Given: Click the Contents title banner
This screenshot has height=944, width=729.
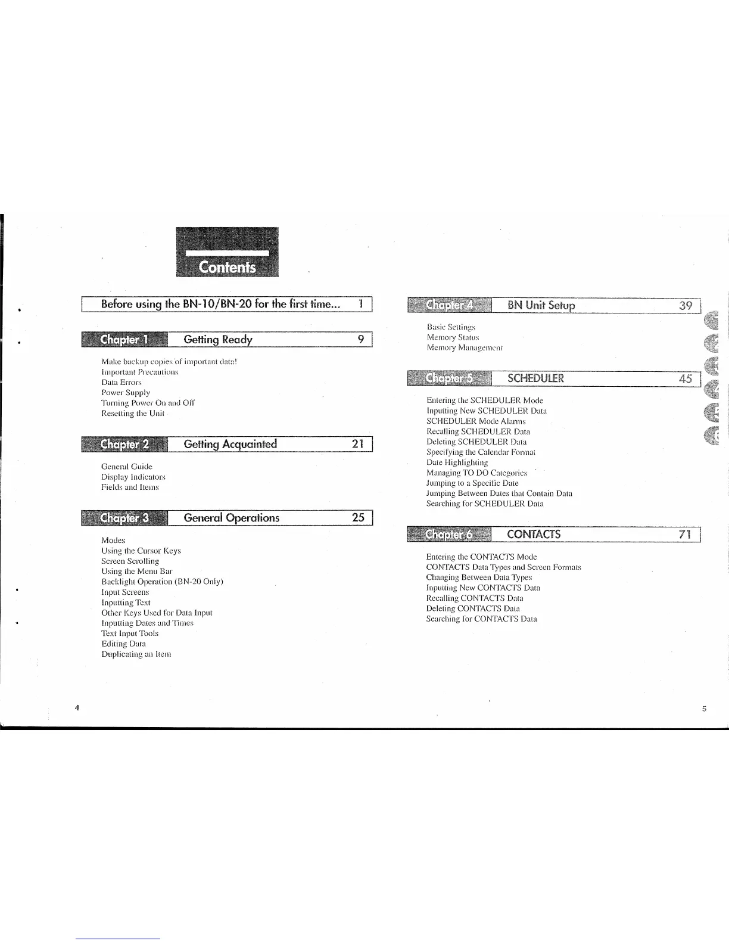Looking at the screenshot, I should [228, 253].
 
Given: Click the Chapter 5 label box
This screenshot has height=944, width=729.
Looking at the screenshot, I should [450, 378].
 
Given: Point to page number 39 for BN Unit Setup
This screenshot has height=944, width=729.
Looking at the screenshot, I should [686, 306].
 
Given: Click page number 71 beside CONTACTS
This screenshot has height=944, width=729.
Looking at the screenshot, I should [685, 534].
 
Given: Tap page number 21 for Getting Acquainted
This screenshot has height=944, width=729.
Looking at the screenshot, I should [358, 444].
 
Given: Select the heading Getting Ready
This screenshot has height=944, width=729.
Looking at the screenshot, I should [218, 340].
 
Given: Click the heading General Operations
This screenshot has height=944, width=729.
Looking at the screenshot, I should [232, 518].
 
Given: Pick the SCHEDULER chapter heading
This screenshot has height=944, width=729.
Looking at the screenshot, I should [535, 378].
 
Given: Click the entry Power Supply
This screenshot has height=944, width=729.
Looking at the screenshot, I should [126, 393].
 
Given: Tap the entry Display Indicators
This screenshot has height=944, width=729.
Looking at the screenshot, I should [133, 477].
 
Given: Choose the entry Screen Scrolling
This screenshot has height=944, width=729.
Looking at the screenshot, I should [130, 561].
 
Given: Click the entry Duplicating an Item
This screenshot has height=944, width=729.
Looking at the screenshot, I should [136, 654].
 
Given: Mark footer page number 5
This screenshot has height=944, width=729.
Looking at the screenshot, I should [703, 709].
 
